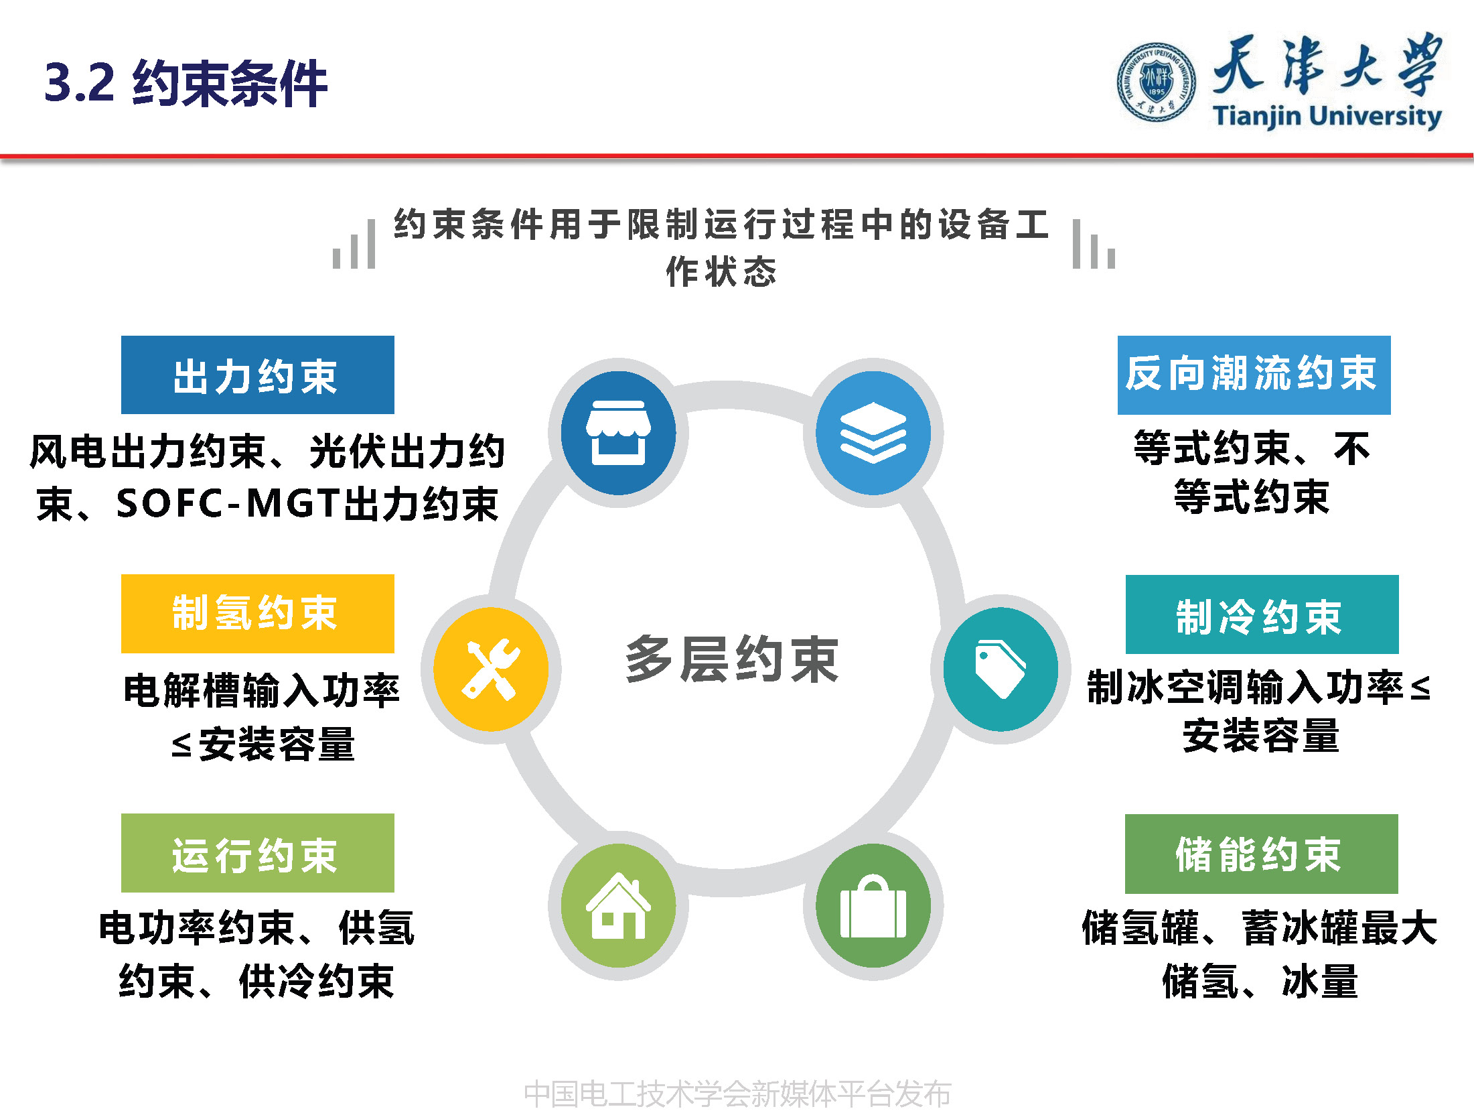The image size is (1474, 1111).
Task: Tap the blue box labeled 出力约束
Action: click(257, 375)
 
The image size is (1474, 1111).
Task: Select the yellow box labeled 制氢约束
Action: click(257, 614)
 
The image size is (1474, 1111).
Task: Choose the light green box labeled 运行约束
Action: click(257, 853)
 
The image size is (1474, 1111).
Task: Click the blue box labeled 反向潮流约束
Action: click(1254, 375)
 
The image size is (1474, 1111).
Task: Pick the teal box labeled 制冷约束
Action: click(1262, 614)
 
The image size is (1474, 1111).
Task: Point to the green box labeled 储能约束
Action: click(1261, 854)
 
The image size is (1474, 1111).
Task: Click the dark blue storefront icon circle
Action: click(618, 433)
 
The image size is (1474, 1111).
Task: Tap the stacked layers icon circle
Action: click(873, 433)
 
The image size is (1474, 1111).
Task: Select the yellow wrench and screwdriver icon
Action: click(491, 669)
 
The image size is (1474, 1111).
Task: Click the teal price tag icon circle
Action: click(1001, 669)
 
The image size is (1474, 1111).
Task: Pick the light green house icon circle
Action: click(618, 905)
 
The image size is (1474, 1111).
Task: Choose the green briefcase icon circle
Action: click(873, 905)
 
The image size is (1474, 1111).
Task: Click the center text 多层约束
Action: click(731, 660)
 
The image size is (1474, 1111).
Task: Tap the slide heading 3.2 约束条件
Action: click(186, 83)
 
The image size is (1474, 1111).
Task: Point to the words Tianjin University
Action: click(1327, 117)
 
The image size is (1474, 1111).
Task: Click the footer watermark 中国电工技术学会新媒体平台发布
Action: click(737, 1094)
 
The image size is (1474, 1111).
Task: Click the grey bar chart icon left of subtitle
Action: click(354, 245)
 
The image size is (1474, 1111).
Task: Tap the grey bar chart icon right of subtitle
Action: click(1094, 245)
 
